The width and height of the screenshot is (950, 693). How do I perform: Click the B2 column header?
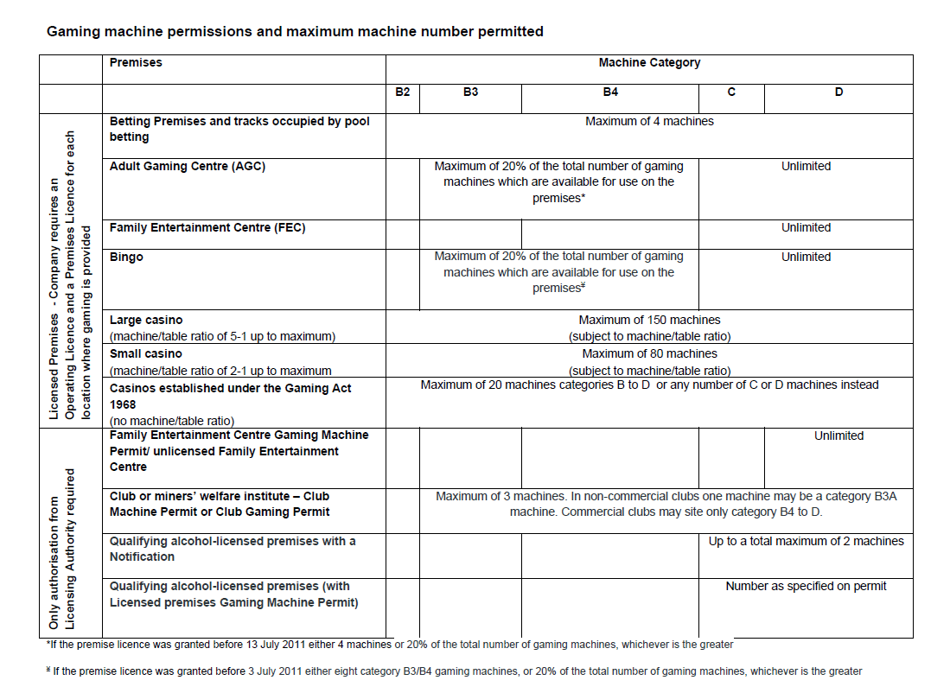point(402,92)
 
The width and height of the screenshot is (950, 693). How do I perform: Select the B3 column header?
point(470,92)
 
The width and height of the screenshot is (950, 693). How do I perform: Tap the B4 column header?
point(610,92)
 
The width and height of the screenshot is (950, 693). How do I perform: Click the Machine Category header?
point(649,63)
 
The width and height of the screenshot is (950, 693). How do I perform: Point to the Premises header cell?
point(136,63)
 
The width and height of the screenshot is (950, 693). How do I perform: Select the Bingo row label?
point(126,257)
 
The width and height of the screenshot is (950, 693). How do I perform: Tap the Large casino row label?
point(146,320)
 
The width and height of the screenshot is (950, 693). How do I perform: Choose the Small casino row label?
point(146,353)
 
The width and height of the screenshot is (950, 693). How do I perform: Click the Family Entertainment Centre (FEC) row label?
point(207,228)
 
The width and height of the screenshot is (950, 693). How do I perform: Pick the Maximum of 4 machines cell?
point(649,122)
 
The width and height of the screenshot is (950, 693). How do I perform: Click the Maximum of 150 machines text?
point(649,320)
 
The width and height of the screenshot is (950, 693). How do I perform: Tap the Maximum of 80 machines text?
point(649,353)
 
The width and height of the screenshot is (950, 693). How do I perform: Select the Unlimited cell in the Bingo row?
point(806,257)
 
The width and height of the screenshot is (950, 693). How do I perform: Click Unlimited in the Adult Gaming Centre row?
point(806,167)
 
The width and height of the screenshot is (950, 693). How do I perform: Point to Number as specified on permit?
point(806,587)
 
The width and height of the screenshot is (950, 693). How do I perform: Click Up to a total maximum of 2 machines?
point(806,542)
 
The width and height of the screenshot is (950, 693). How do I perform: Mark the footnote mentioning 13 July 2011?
point(389,645)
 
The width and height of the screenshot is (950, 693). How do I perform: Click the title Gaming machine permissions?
point(295,32)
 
